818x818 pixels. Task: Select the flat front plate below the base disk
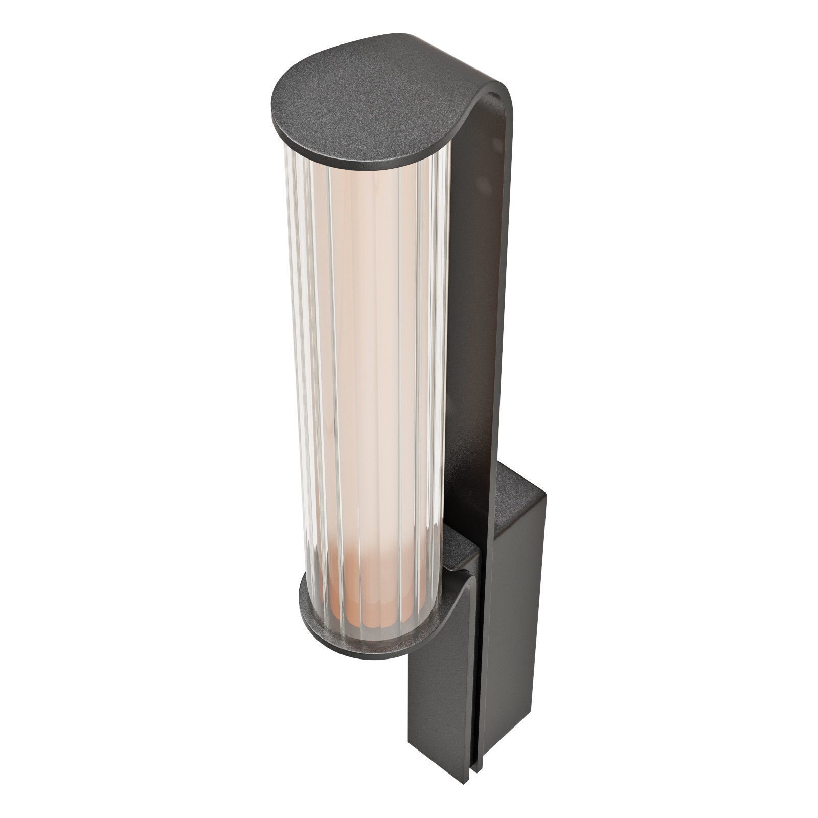440,706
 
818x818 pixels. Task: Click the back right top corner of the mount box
547,493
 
